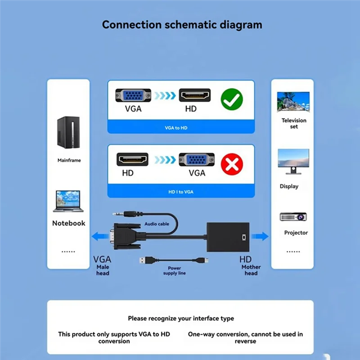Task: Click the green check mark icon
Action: [x=232, y=99]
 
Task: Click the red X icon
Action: [x=232, y=164]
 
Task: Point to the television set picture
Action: [x=293, y=102]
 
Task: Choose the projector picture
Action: [x=293, y=217]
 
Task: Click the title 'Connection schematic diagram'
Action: [x=182, y=24]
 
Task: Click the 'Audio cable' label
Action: [x=157, y=224]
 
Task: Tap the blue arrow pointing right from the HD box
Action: [x=260, y=236]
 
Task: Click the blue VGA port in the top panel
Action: [x=133, y=96]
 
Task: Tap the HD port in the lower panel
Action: [x=133, y=160]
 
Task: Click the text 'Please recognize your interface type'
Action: [x=181, y=318]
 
